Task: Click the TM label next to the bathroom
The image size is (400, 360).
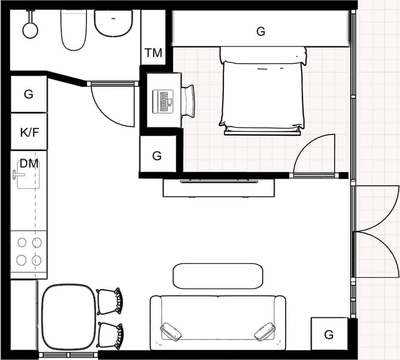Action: coord(153,53)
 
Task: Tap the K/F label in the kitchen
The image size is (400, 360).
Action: coord(29,132)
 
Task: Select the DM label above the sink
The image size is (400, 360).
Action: coord(29,163)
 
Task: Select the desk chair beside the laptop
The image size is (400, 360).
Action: coord(188,101)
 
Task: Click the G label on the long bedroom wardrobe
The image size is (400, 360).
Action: coord(261,31)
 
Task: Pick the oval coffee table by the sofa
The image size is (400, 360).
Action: coord(218,276)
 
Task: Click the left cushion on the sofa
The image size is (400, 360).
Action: coord(171,332)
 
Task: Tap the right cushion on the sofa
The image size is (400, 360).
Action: coord(265,332)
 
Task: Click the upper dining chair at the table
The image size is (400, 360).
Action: coord(110,301)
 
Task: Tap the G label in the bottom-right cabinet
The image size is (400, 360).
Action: coord(329,334)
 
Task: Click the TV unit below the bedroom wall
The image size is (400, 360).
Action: coord(219,188)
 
